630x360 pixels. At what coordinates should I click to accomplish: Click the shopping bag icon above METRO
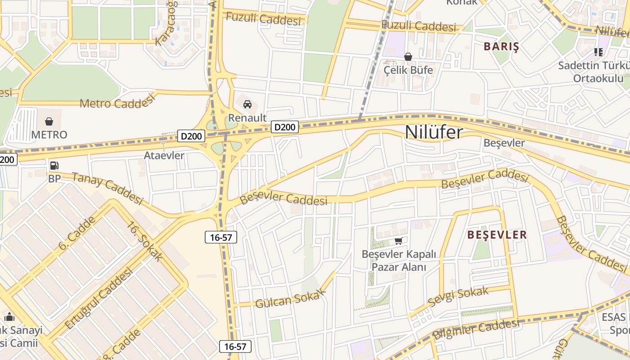pos(49,121)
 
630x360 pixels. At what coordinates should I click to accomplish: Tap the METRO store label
pos(49,135)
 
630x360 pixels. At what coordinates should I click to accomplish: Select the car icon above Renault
pos(247,104)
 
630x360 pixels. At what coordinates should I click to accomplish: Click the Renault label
pos(247,118)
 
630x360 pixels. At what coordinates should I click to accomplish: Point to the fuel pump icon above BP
pos(54,166)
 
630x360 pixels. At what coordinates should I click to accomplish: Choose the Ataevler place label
pos(164,156)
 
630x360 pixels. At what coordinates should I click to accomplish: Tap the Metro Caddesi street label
pos(117,103)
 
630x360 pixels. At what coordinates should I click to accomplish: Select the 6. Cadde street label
pos(77,233)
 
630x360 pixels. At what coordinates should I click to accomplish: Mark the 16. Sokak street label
pos(144,241)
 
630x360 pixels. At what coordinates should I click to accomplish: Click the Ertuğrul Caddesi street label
pos(99,298)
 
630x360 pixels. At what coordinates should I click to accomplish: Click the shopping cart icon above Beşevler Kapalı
pos(398,241)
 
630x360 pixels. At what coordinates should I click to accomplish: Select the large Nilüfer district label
pos(434,132)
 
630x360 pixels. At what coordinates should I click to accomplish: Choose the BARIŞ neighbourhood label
pos(501,47)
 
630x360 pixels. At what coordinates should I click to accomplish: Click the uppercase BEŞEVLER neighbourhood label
pos(497,235)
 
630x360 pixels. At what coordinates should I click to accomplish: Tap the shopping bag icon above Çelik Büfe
pos(408,57)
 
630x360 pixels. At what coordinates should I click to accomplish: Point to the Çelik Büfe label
pos(408,70)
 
